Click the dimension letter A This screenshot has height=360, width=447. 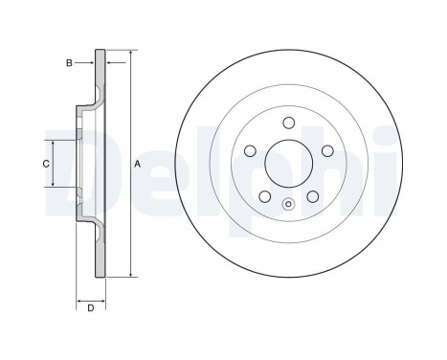[x=138, y=164]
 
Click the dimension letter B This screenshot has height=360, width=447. [x=69, y=63]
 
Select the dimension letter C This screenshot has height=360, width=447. [x=45, y=164]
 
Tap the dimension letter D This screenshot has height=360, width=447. [x=90, y=307]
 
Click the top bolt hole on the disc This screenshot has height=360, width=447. [x=288, y=123]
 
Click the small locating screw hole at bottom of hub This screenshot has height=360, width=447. [x=288, y=202]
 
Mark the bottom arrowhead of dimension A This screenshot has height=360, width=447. [x=129, y=275]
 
